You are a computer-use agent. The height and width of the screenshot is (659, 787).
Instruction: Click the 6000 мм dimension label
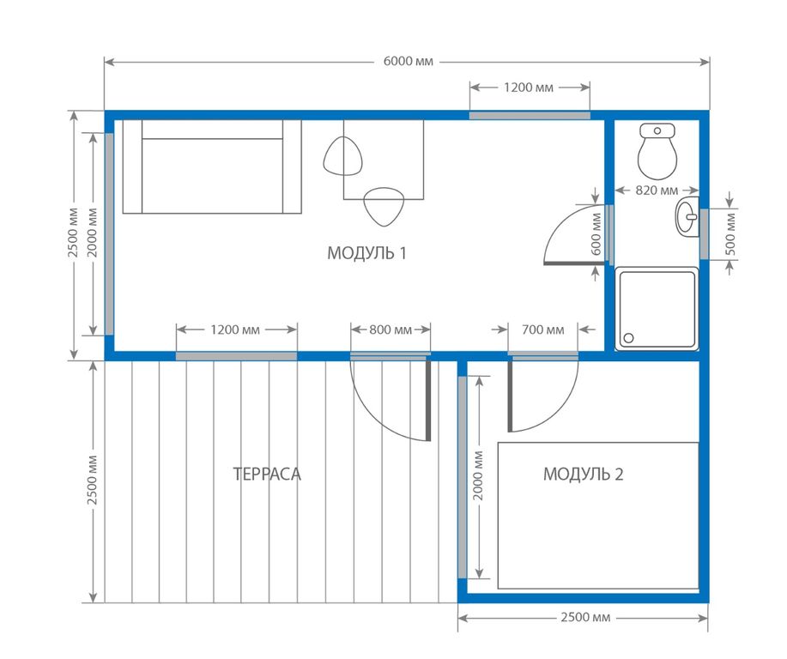(408, 61)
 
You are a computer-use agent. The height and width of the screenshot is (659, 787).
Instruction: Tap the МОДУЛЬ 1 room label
(366, 253)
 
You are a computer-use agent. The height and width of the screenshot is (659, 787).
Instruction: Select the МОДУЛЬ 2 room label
(584, 474)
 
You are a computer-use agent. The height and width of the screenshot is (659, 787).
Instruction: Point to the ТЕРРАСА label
(267, 475)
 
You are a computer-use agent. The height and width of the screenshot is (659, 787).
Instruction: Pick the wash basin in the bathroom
(687, 217)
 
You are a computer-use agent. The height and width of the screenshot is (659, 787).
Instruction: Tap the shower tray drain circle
(628, 338)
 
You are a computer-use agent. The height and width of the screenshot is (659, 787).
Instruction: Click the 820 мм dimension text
(657, 190)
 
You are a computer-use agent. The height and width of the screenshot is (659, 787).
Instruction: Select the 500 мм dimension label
(731, 234)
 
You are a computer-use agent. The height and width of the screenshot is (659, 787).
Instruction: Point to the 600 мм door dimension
(596, 234)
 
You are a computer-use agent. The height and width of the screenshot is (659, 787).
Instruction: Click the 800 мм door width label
(390, 329)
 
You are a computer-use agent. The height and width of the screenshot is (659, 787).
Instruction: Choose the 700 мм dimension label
(542, 329)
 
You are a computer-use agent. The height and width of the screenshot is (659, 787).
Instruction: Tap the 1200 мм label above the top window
(529, 88)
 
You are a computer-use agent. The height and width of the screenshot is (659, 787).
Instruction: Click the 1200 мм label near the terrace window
(235, 329)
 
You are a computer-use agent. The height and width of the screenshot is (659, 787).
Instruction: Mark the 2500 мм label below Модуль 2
(585, 617)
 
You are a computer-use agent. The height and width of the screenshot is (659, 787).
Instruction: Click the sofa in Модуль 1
(212, 166)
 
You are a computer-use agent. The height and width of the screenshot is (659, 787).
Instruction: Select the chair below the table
(384, 206)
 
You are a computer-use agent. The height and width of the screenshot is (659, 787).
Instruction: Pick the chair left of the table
(342, 156)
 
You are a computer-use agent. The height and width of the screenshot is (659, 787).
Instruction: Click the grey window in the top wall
(530, 116)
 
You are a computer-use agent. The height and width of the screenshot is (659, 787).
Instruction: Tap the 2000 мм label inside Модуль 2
(478, 475)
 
